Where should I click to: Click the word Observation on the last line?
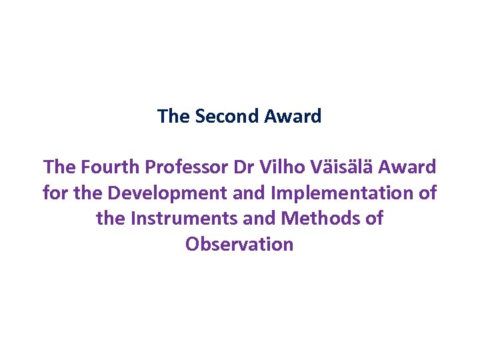click(239, 244)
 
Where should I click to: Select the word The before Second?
click(173, 117)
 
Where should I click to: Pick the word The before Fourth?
click(59, 167)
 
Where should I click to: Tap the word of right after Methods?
click(374, 219)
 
